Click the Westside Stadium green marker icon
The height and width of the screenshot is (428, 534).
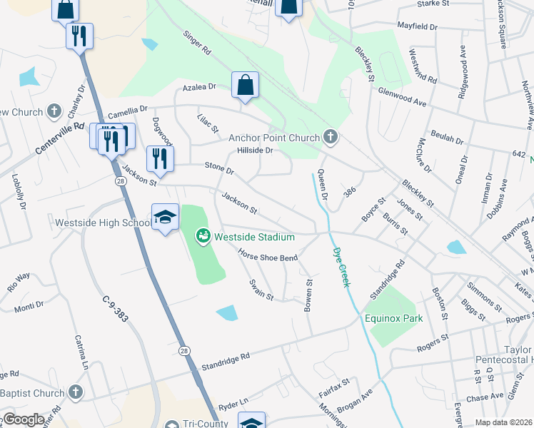(203, 235)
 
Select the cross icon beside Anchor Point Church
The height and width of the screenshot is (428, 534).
(330, 136)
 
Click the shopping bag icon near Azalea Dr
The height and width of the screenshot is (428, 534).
(245, 86)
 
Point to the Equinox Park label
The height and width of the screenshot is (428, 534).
(394, 319)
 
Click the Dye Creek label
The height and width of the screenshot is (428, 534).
(341, 267)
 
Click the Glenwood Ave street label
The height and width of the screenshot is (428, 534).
(402, 98)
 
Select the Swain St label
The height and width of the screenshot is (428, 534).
(261, 290)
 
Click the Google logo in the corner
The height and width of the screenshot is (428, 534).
(24, 419)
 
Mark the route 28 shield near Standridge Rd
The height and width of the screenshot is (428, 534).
(184, 350)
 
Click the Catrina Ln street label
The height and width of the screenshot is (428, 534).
(81, 357)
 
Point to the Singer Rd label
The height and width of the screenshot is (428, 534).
(198, 43)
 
